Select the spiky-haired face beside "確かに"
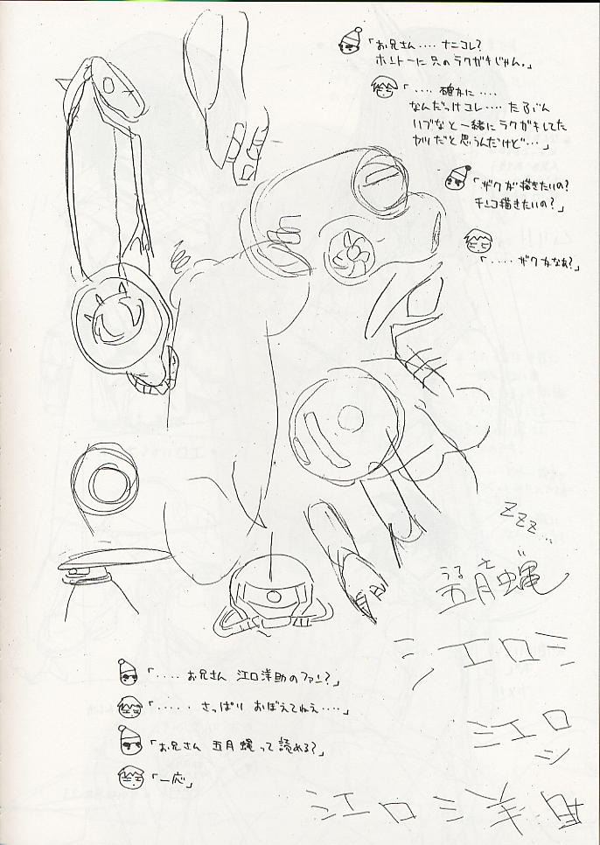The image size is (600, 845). click(x=384, y=89)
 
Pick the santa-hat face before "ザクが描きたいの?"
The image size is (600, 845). click(x=455, y=180)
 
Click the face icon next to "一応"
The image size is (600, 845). click(x=130, y=775)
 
